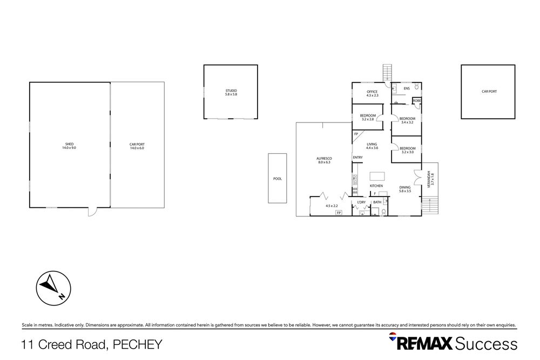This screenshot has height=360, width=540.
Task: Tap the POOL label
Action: [x=278, y=179]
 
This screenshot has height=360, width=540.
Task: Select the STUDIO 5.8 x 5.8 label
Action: [x=231, y=92]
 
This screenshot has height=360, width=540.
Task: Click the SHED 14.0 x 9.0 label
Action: [x=69, y=146]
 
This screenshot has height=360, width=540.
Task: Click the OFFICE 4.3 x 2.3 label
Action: [x=372, y=93]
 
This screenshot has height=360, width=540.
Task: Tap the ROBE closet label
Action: [x=417, y=100]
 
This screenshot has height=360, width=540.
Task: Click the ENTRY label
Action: [x=357, y=158]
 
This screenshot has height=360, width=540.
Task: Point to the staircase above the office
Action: [x=387, y=72]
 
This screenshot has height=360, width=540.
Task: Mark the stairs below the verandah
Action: [x=429, y=206]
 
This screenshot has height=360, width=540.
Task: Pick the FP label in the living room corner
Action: [x=356, y=134]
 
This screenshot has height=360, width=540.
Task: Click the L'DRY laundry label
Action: [x=361, y=202]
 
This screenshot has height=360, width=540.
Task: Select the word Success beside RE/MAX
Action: [x=486, y=343]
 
